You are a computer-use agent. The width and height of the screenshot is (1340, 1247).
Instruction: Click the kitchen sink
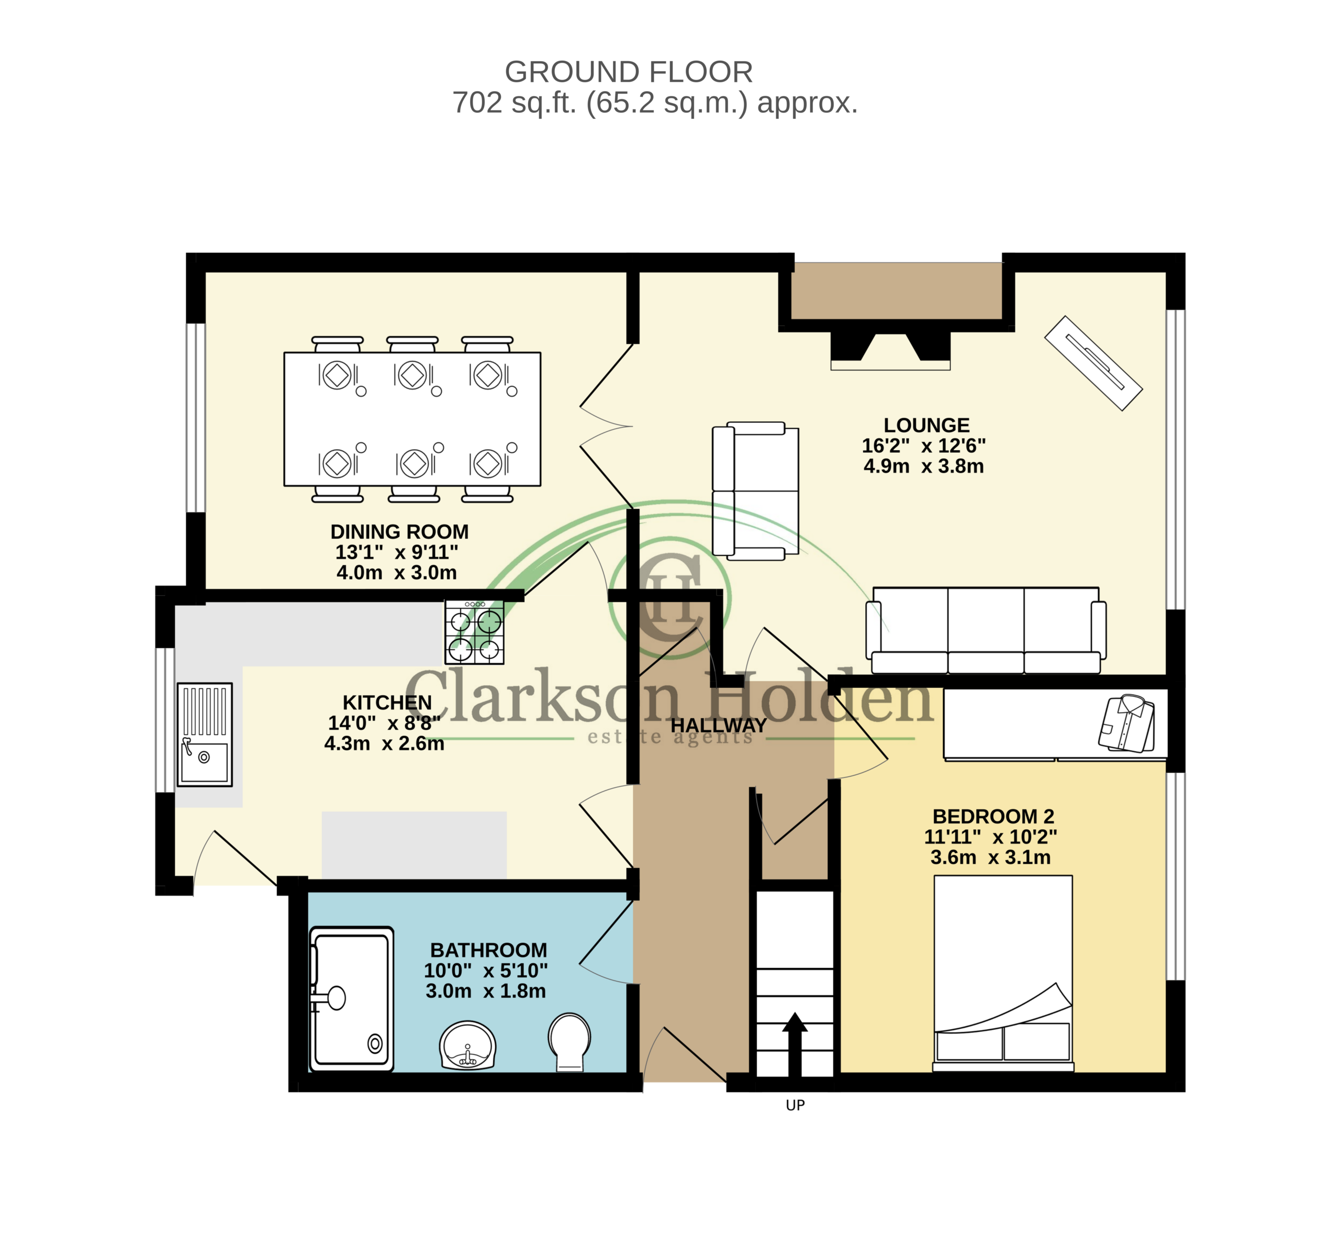tap(204, 734)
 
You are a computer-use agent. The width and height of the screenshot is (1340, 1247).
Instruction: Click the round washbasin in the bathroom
tap(468, 1045)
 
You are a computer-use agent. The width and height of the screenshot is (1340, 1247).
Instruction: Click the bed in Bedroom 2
tap(1003, 973)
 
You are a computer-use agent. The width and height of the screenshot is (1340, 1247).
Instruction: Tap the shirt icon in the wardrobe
tap(1126, 723)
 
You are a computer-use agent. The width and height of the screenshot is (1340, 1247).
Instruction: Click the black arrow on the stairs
tap(795, 1044)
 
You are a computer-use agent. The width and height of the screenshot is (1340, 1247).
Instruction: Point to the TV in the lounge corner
tap(1093, 363)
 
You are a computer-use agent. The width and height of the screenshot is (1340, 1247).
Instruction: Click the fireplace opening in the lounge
tap(890, 351)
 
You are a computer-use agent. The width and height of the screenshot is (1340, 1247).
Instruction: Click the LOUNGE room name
tap(927, 425)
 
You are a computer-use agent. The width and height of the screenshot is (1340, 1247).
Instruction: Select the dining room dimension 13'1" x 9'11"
tap(397, 552)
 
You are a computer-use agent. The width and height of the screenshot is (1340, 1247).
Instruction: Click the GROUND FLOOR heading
tap(629, 71)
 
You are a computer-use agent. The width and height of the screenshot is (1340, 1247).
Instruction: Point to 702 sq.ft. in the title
tap(515, 103)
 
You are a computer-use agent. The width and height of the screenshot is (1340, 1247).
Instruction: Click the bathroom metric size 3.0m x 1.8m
tap(486, 991)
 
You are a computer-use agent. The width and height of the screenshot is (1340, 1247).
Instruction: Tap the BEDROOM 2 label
tap(993, 816)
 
